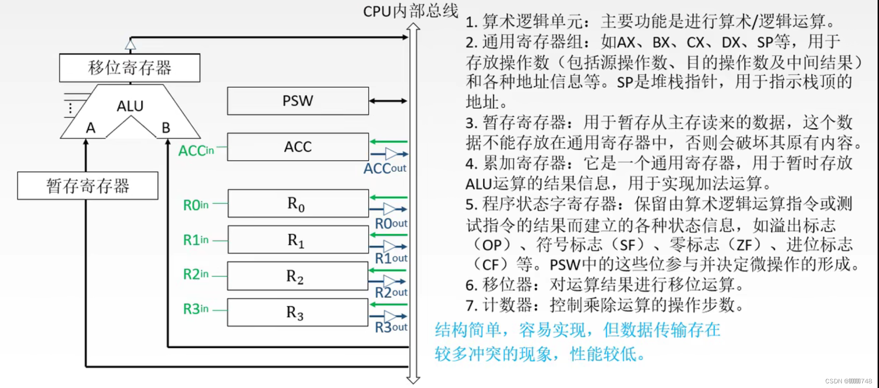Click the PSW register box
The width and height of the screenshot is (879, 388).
pos(298,101)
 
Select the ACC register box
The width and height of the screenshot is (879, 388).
pos(298,147)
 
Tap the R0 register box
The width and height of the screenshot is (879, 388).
pos(298,204)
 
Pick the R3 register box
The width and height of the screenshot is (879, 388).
pos(297,312)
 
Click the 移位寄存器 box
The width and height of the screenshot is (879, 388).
pos(130,68)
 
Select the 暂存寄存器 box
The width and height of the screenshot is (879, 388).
pos(88,186)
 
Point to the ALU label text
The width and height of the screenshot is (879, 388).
pos(130,106)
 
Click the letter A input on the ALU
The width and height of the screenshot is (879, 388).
pos(91,128)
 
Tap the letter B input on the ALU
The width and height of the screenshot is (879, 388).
pos(166,128)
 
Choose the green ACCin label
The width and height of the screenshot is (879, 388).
pos(196,151)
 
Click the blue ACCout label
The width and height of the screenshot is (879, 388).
pos(384,169)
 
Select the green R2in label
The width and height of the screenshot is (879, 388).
pos(195,274)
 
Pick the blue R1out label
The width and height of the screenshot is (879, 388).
pos(391,258)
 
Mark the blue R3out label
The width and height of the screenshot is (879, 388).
pos(391,327)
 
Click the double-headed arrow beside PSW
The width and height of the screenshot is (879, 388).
pos(388,101)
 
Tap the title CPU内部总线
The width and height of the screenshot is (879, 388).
pos(411,11)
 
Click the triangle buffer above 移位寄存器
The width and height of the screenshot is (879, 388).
pos(131,45)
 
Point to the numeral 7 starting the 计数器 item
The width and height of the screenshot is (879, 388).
pos(470,306)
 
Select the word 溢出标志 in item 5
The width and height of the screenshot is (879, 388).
pos(794,226)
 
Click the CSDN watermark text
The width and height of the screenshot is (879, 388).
pos(848,381)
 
